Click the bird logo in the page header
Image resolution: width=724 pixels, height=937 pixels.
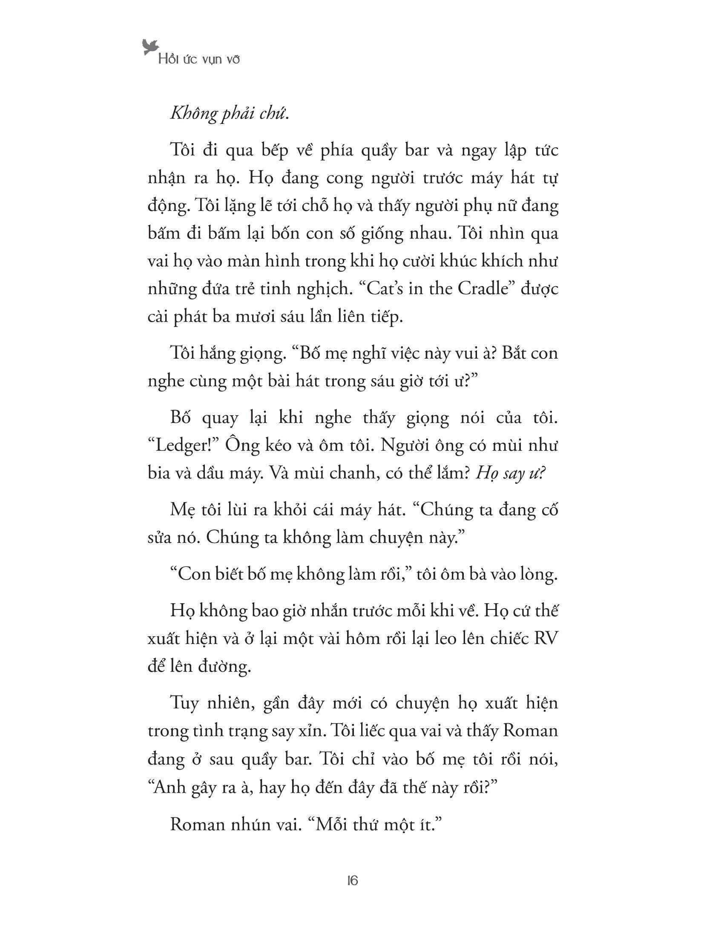150,47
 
